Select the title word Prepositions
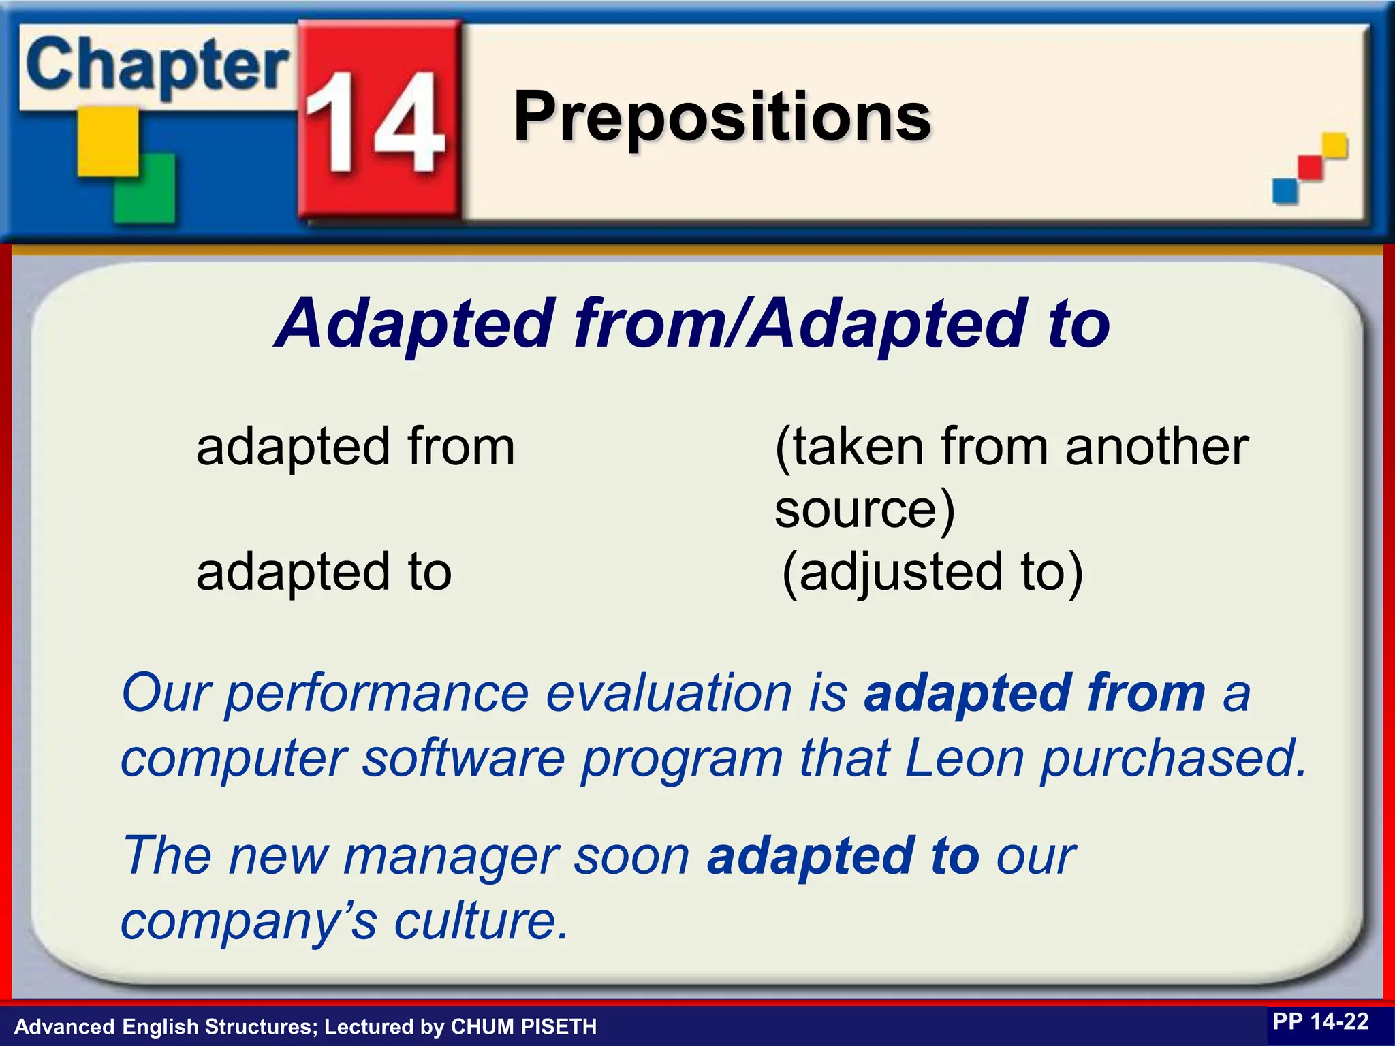coord(722,117)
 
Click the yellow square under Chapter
coord(108,142)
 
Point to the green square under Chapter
coord(144,188)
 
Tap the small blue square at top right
coord(1285,191)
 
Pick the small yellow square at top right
coord(1334,145)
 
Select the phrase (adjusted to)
coord(932,572)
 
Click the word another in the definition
coord(1157,447)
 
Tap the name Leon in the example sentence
coord(965,759)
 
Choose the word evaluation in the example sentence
coord(669,693)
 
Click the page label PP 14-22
coord(1320,1021)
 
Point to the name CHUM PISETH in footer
coord(524,1026)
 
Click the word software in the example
coord(463,759)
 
